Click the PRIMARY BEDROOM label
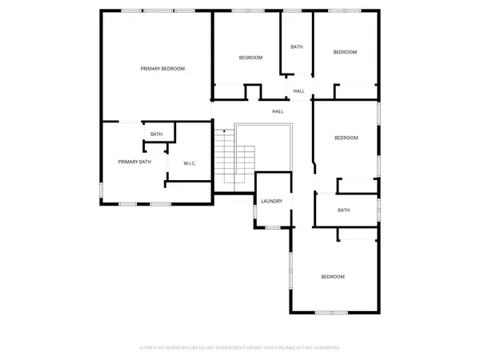click(x=162, y=69)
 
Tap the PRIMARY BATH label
click(x=134, y=162)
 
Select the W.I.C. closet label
click(x=190, y=164)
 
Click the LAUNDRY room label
click(x=271, y=201)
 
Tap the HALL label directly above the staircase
click(x=278, y=111)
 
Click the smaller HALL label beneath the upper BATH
click(x=298, y=91)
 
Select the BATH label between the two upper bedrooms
click(x=297, y=47)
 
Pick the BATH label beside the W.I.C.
click(x=156, y=134)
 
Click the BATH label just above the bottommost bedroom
click(x=343, y=210)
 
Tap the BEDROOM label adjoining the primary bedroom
click(x=250, y=58)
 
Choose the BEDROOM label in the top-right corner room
click(x=345, y=52)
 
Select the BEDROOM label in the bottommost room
click(x=332, y=277)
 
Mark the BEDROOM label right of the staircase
click(x=346, y=138)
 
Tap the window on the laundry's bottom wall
click(x=273, y=228)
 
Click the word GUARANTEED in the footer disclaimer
click(x=324, y=348)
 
